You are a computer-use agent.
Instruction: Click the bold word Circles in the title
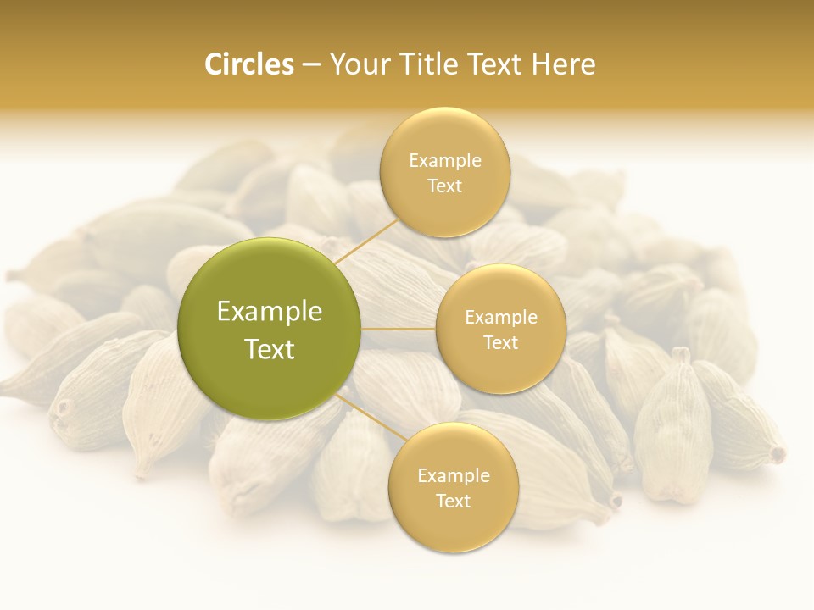pyautogui.click(x=248, y=64)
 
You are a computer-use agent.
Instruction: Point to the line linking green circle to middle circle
pyautogui.click(x=399, y=329)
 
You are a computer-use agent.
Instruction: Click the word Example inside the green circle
pyautogui.click(x=270, y=312)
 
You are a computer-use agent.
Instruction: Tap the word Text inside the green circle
pyautogui.click(x=270, y=349)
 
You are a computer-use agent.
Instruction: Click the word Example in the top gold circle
pyautogui.click(x=444, y=160)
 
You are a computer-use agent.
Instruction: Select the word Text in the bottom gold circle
pyautogui.click(x=453, y=501)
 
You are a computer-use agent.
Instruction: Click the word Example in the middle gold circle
pyautogui.click(x=500, y=317)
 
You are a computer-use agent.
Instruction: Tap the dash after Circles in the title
pyautogui.click(x=310, y=65)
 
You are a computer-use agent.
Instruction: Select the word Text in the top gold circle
pyautogui.click(x=444, y=186)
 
